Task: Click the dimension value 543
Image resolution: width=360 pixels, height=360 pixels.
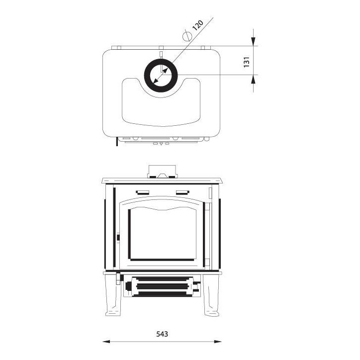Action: (162, 334)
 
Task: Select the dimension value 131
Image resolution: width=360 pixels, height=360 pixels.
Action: (246, 62)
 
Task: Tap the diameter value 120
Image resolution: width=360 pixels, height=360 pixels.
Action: (198, 25)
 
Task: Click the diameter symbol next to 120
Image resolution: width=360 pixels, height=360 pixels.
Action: (186, 36)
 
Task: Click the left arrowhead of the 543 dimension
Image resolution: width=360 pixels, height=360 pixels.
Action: (106, 342)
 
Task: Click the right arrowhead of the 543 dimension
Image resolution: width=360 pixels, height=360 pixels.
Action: (218, 342)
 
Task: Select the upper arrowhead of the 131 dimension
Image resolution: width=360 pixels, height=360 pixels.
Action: (253, 41)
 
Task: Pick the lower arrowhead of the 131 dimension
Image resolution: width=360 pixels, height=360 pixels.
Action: (253, 79)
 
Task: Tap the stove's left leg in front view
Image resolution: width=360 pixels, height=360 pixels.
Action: (113, 295)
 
